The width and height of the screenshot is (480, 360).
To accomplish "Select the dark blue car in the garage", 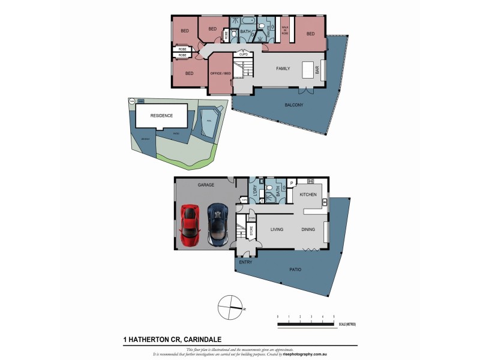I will (x=217, y=224).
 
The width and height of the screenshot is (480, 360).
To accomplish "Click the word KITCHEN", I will (x=307, y=196).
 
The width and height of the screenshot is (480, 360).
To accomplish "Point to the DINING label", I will (x=307, y=229).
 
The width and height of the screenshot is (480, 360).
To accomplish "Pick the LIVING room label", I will (x=277, y=229).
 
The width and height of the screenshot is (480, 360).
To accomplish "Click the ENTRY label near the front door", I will (x=245, y=262).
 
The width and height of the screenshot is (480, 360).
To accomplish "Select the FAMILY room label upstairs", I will (x=283, y=68).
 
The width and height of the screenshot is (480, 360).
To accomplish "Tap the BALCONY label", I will (x=295, y=105).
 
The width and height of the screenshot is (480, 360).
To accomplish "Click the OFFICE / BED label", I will (x=219, y=73).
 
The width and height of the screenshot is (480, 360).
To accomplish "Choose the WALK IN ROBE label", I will (x=285, y=31).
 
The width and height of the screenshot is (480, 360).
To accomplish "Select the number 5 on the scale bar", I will (x=334, y=316).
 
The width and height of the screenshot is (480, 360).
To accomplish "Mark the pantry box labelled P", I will (x=291, y=183).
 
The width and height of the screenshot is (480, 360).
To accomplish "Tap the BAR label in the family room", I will (x=317, y=70).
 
